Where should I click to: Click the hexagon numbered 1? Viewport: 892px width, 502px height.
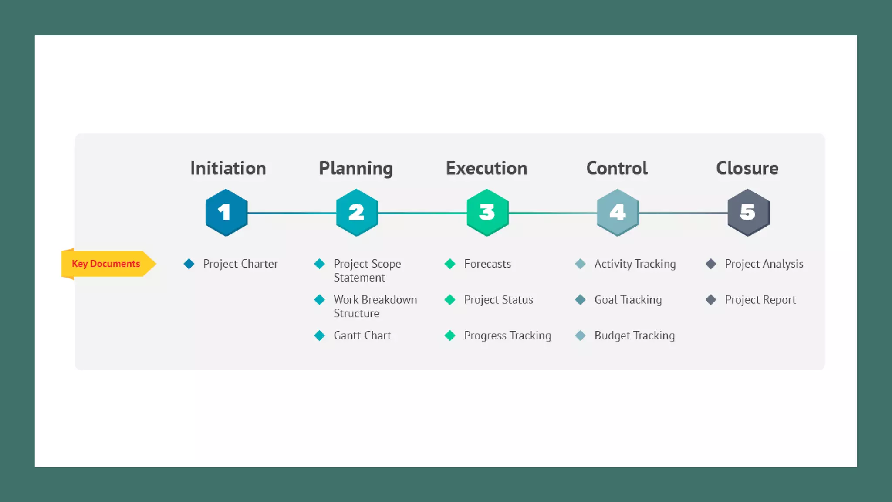226,213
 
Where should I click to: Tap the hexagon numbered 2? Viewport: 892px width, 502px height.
357,213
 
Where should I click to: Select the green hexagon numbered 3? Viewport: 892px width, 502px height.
487,213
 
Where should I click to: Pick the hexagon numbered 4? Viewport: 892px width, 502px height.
618,213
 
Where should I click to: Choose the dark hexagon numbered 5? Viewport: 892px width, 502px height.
748,213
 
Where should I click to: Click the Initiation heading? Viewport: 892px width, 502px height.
228,168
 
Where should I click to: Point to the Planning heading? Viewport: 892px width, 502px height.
356,169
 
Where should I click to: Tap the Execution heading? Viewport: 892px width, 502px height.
487,168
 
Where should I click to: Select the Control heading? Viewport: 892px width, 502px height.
617,168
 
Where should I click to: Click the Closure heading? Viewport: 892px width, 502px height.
747,168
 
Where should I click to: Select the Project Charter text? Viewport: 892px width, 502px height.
240,264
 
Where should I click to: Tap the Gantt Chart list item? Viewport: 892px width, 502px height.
362,336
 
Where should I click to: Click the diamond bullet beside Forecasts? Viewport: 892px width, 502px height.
450,264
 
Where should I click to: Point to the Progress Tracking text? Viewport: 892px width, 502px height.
507,336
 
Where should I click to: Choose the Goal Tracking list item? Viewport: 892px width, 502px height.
628,300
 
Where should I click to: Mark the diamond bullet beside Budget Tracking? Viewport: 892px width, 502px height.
580,336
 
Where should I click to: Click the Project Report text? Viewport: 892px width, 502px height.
760,300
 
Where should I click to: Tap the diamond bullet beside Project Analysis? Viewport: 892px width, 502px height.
711,264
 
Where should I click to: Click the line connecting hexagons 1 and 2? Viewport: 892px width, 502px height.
292,213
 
